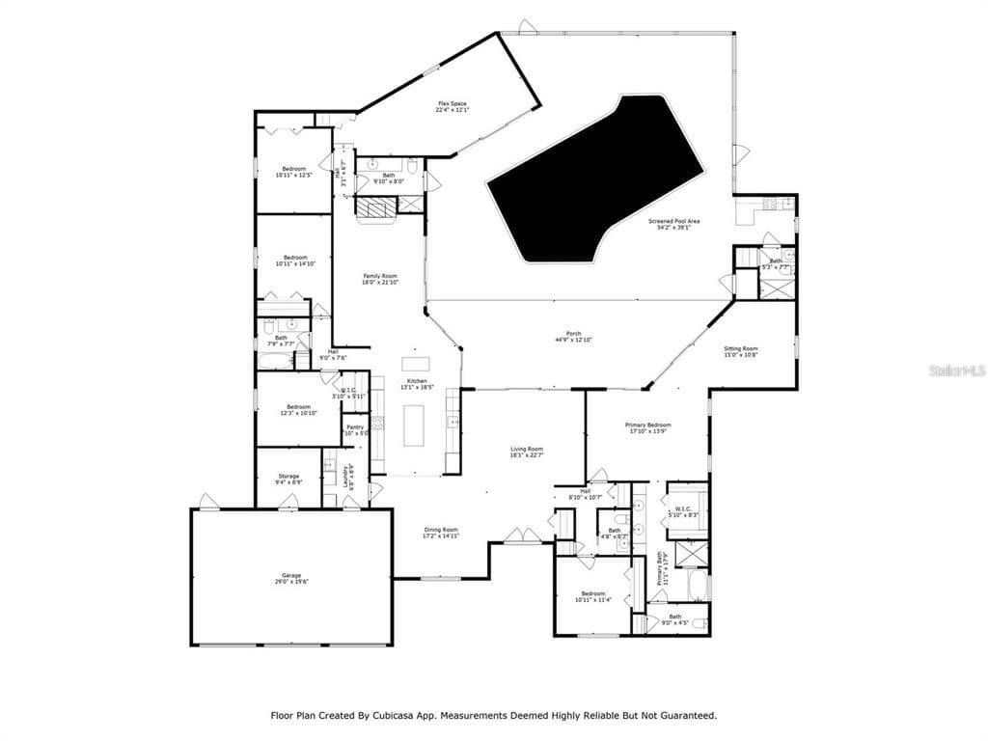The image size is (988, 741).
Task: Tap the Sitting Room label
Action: pos(741,351)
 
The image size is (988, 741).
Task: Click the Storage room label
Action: pos(288,478)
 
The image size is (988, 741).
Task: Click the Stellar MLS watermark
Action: pos(957,370)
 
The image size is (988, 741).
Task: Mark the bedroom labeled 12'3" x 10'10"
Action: pos(298,410)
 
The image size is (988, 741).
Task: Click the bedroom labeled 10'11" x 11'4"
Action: pos(592,596)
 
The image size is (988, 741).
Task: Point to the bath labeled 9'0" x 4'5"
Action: pos(675,618)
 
